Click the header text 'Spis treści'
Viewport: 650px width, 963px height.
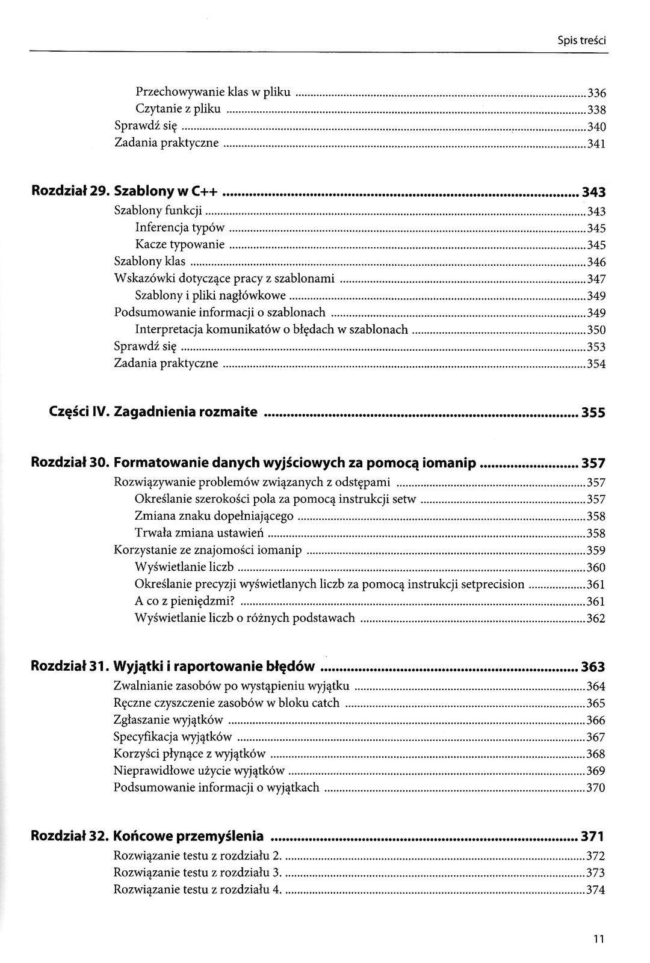(x=581, y=42)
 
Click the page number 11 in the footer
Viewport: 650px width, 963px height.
(x=598, y=939)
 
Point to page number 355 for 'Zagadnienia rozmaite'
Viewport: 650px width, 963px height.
(x=593, y=413)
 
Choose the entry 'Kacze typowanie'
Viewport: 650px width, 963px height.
(x=180, y=245)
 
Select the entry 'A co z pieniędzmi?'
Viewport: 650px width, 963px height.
(x=185, y=601)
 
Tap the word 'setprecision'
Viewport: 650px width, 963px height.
(x=492, y=585)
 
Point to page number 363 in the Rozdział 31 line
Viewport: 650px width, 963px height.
(x=593, y=667)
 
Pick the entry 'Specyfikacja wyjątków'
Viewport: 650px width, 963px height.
(x=173, y=737)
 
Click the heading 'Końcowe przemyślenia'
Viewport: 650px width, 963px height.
(x=188, y=836)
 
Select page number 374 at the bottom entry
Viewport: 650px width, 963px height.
(x=595, y=891)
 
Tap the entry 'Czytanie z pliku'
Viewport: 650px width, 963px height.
(x=178, y=109)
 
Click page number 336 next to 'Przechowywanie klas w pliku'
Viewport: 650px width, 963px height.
(x=596, y=93)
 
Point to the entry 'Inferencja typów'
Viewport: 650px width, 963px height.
(x=180, y=228)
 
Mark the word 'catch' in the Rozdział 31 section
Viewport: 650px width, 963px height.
(x=326, y=703)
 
